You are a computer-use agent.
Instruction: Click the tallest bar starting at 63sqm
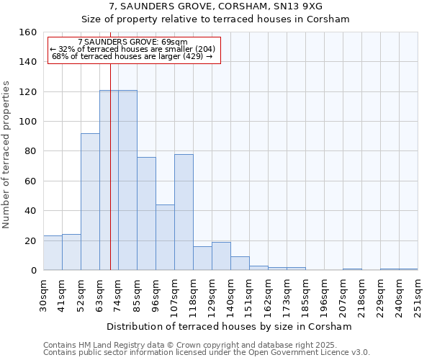109,180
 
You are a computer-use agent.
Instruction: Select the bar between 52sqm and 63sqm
90,202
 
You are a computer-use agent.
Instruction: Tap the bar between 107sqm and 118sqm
184,212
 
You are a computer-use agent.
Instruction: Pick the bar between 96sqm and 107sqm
165,238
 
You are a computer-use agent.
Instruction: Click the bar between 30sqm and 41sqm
53,253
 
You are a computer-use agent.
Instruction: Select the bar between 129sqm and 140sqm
221,256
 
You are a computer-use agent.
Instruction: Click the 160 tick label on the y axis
28,32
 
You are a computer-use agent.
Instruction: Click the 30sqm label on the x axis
44,293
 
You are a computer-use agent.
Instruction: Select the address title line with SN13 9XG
215,6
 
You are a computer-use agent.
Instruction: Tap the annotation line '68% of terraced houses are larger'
132,56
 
